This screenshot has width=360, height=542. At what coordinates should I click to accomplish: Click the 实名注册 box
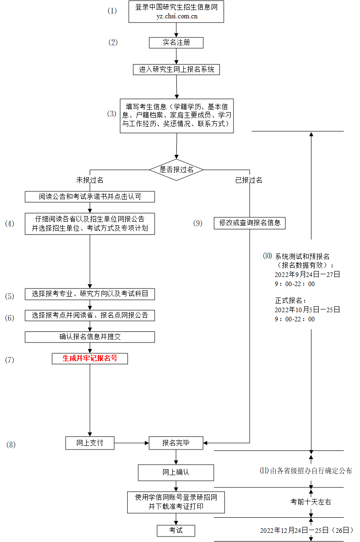[176, 43]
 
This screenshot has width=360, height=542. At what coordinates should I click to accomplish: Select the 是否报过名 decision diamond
[176, 169]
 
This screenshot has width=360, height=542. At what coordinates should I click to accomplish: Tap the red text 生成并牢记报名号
[90, 358]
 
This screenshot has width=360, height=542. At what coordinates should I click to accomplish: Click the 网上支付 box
[90, 443]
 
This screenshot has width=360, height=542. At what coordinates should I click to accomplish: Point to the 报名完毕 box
[176, 443]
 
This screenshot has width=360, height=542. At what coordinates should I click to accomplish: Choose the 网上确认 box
[176, 472]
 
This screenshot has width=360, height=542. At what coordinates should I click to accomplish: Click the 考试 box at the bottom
[176, 530]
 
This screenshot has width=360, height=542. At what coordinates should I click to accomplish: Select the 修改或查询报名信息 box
[250, 223]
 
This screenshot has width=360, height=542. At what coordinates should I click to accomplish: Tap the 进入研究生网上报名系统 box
[176, 70]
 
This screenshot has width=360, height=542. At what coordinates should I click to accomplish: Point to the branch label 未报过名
[90, 180]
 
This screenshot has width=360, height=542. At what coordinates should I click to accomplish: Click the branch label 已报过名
[249, 180]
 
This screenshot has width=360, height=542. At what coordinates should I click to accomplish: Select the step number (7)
[10, 360]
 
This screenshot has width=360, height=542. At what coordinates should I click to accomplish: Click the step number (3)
[112, 114]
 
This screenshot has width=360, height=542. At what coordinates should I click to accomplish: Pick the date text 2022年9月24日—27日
[307, 275]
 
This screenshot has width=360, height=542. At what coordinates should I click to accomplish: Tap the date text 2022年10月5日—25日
[307, 310]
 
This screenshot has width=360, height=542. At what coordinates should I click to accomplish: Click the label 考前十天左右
[311, 502]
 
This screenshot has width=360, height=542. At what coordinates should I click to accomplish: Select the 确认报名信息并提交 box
[90, 337]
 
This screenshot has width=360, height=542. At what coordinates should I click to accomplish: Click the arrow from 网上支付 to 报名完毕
[131, 443]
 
